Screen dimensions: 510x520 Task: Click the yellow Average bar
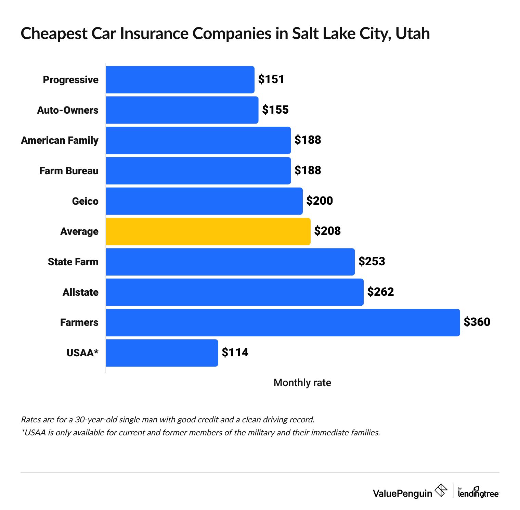[x=208, y=231]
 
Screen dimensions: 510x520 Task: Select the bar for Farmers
[x=283, y=322]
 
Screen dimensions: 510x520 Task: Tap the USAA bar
[x=161, y=353]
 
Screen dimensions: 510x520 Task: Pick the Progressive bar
[x=180, y=79]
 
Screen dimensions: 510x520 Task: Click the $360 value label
[x=477, y=322]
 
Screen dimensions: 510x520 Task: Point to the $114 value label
[x=235, y=353]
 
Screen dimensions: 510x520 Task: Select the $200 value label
[x=320, y=201]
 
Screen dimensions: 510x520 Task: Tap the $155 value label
[x=275, y=110]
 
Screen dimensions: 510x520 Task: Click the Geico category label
[x=85, y=201]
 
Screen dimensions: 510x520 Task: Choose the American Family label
[x=60, y=140]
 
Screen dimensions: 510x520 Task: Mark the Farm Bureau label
[x=69, y=171]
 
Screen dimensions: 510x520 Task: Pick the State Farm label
[x=73, y=262]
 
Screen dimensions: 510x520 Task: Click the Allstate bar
[x=234, y=292]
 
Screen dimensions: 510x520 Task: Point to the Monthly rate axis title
[x=302, y=383]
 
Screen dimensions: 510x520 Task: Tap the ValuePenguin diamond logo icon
[x=441, y=490]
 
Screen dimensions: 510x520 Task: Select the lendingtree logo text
[x=478, y=493]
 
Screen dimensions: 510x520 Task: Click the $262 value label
[x=380, y=292]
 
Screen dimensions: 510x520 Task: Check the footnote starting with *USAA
[x=200, y=433]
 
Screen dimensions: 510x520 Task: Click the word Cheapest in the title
[x=54, y=34]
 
